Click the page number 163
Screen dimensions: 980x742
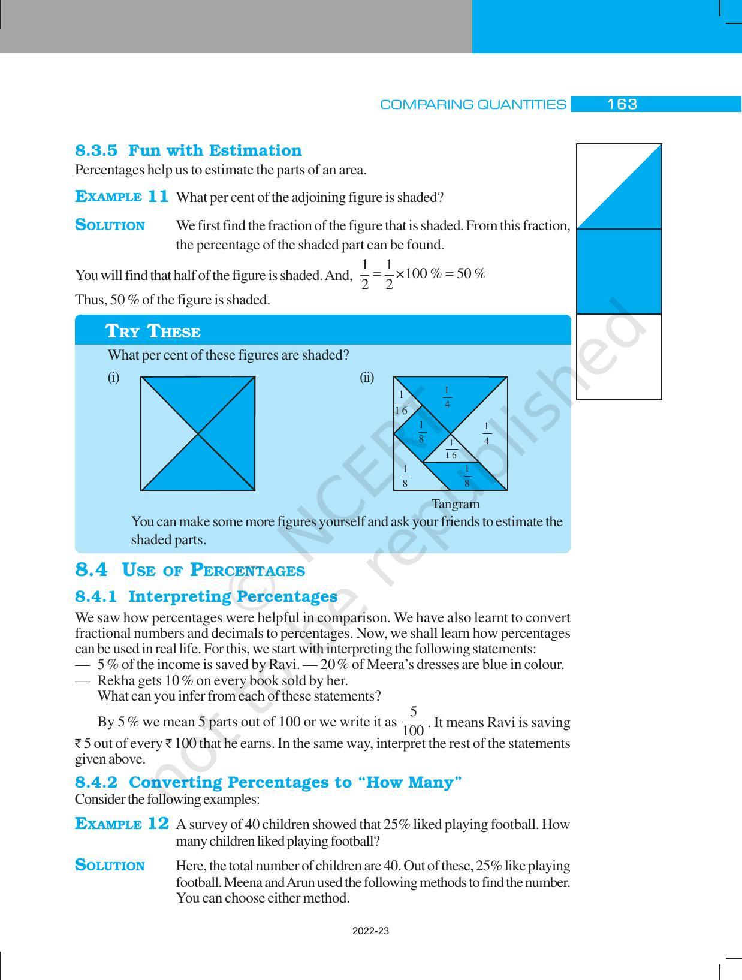tap(622, 104)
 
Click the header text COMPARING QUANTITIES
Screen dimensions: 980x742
tap(473, 105)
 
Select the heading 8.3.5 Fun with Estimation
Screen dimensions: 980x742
tap(188, 150)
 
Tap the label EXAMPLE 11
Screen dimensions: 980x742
tap(122, 197)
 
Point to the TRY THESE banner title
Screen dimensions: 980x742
tap(153, 331)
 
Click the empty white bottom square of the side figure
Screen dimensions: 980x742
tap(619, 357)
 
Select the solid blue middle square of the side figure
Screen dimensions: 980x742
tap(619, 272)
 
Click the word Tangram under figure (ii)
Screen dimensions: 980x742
tap(456, 504)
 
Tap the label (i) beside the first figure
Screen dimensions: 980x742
tap(113, 378)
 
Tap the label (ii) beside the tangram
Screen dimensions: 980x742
tap(367, 378)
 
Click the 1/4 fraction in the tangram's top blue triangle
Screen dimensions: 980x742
tap(447, 397)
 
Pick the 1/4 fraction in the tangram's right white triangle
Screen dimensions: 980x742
tap(487, 433)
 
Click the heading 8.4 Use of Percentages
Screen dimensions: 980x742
tap(189, 570)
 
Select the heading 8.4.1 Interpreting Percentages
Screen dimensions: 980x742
tap(206, 596)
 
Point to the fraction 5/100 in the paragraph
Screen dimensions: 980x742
tap(413, 722)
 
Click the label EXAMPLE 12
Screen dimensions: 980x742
tap(122, 824)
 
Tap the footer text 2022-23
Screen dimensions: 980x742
tap(370, 931)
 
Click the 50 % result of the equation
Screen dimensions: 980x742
tap(470, 274)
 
